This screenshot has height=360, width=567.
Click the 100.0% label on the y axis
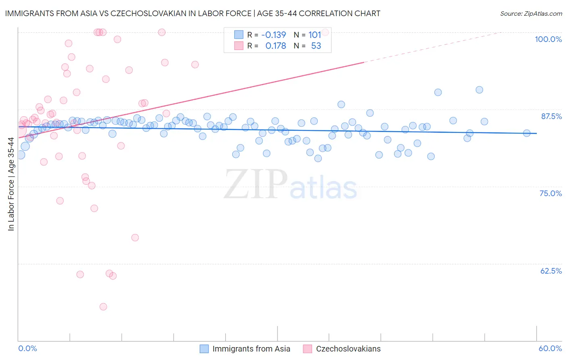(x=548, y=39)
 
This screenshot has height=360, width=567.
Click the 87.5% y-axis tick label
(x=551, y=116)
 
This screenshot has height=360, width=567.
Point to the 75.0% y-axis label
(x=550, y=193)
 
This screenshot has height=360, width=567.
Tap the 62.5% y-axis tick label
(x=551, y=271)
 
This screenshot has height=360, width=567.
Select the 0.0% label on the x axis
(x=27, y=348)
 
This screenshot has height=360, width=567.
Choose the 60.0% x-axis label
(x=550, y=348)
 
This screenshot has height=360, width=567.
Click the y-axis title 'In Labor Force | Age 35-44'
(x=11, y=184)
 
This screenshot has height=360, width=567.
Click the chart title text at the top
(x=192, y=13)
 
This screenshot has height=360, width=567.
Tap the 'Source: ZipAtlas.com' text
(x=531, y=13)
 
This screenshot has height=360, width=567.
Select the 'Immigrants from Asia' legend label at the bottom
(x=251, y=349)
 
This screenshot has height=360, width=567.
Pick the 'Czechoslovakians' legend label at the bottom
(x=348, y=349)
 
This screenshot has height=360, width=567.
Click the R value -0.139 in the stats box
(x=273, y=35)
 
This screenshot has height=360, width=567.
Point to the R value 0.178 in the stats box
(x=275, y=46)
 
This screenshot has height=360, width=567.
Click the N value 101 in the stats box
(x=315, y=35)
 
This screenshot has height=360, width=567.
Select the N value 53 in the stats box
(x=316, y=46)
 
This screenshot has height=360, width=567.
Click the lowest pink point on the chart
(x=103, y=307)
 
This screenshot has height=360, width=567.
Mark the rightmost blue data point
(x=527, y=133)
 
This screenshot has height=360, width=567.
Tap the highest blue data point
(x=479, y=90)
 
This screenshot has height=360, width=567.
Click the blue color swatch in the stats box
(x=239, y=35)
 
